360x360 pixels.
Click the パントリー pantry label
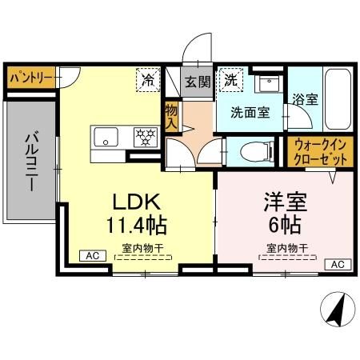click(x=32, y=78)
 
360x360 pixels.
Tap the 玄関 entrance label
click(x=196, y=81)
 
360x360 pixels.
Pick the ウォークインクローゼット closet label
click(x=320, y=152)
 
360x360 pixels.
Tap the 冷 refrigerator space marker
click(x=148, y=79)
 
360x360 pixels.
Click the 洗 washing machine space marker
click(x=230, y=80)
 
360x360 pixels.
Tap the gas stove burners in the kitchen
click(x=143, y=135)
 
